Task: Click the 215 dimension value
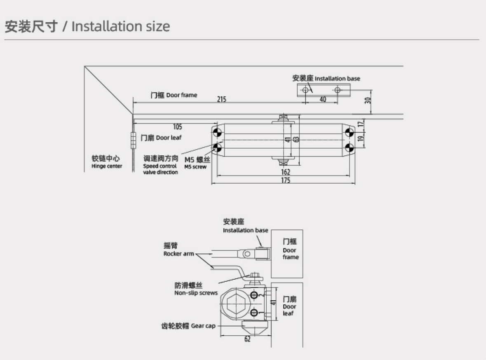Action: (x=221, y=99)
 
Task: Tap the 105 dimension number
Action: (x=177, y=127)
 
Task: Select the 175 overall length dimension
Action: (x=285, y=180)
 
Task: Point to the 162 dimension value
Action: (x=285, y=172)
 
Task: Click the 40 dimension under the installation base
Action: (x=322, y=99)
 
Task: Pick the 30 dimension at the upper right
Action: (x=368, y=100)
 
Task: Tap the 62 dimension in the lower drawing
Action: (x=247, y=339)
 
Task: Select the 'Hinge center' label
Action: (x=106, y=162)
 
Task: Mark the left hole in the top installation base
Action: (x=305, y=90)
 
